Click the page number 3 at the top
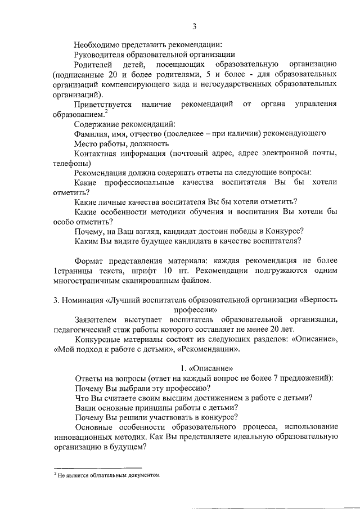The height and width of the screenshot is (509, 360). pos(195,26)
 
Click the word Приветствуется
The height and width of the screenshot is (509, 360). pos(103,105)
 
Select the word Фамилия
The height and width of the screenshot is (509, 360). pos(92,134)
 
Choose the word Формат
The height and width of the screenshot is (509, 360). pos(90,260)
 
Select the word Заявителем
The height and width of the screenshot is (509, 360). pos(97,319)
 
